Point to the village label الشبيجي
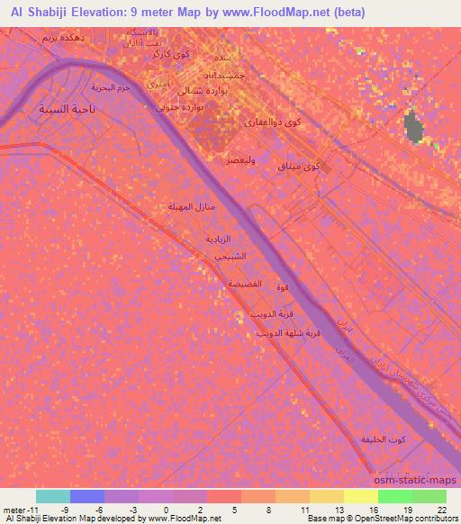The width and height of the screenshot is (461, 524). coord(230,257)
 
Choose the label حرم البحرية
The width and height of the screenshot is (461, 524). coord(111,87)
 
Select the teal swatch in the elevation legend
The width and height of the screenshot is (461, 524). coord(53,496)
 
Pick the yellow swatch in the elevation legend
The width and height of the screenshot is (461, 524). coord(361,496)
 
